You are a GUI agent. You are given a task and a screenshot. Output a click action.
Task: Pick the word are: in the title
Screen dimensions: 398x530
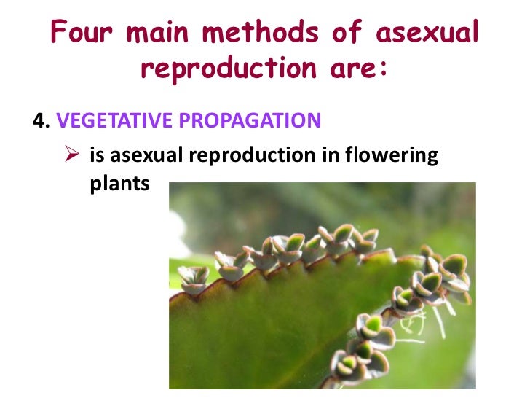pyautogui.click(x=355, y=69)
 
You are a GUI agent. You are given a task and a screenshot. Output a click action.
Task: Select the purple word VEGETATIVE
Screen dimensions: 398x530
pyautogui.click(x=103, y=120)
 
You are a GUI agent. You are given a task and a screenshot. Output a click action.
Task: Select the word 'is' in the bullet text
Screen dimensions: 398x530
pyautogui.click(x=97, y=156)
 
